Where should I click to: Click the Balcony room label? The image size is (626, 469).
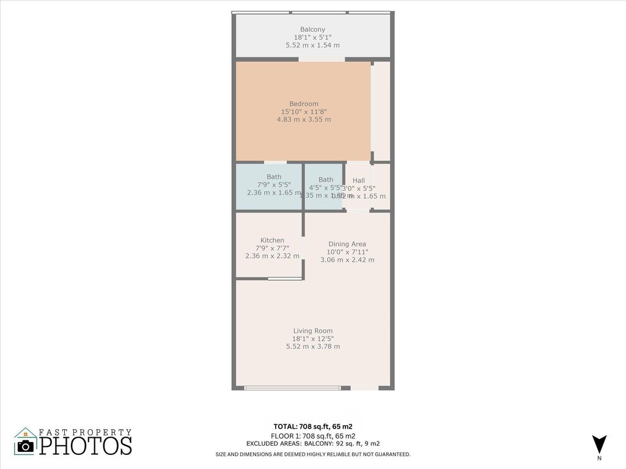tap(312, 29)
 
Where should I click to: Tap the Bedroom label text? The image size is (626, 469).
tap(304, 104)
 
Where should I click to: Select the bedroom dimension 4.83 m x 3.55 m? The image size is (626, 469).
tap(304, 120)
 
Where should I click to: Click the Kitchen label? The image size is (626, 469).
tap(272, 240)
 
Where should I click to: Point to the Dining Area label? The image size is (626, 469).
tap(347, 244)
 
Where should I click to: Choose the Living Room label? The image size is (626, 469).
tap(313, 331)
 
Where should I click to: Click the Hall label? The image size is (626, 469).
tap(359, 181)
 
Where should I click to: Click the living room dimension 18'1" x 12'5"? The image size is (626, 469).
tap(313, 339)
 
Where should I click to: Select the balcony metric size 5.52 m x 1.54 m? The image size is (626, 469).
tap(312, 45)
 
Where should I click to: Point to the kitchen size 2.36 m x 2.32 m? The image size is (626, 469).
tap(272, 256)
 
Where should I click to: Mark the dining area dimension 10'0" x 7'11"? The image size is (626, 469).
tap(347, 252)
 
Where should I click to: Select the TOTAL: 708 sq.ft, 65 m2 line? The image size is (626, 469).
tap(312, 426)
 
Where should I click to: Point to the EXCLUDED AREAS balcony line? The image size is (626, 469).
tap(312, 443)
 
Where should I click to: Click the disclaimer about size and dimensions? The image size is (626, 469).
tap(312, 454)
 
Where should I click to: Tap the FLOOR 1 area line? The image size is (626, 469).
tap(312, 435)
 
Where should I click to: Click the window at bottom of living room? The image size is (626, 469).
tap(293, 388)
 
